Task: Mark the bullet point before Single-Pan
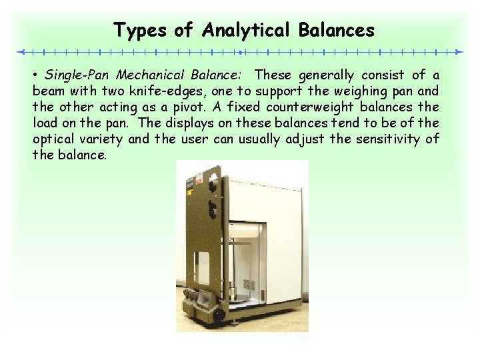tap(35, 75)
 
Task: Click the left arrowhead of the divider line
tap(21, 51)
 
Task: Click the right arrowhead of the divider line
tap(459, 51)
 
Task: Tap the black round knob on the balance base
tap(219, 313)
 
